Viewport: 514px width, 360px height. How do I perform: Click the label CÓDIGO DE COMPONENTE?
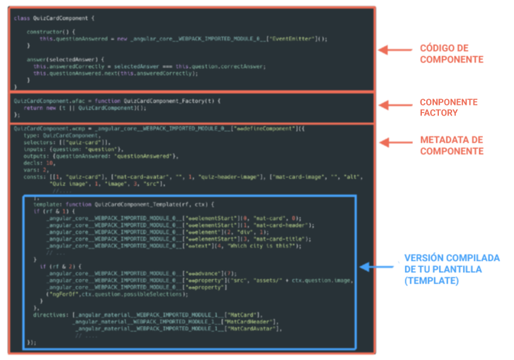tap(451, 54)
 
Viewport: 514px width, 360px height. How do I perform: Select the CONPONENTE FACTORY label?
tap(448, 107)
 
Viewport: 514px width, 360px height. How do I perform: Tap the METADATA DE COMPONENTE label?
tap(451, 145)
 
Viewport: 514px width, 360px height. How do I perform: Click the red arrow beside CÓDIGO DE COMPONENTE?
tap(394, 49)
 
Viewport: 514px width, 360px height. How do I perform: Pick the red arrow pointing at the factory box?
tap(394, 103)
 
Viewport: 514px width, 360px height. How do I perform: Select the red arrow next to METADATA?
tap(394, 141)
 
